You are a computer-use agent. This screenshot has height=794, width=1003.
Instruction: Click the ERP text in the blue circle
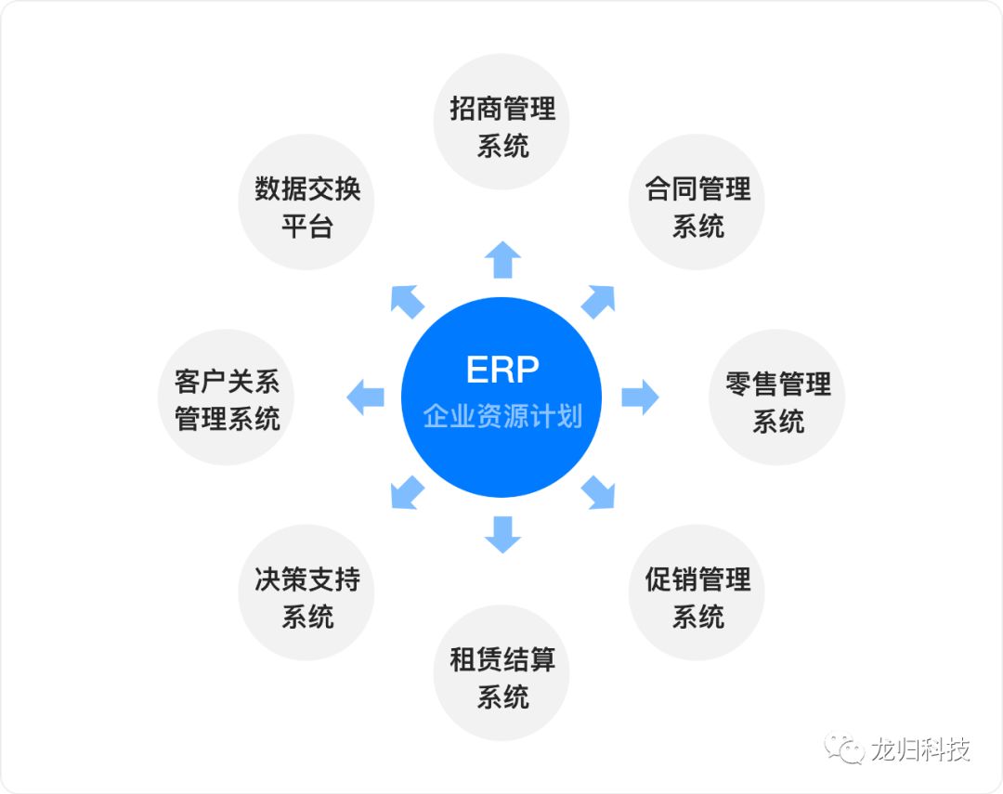pyautogui.click(x=501, y=370)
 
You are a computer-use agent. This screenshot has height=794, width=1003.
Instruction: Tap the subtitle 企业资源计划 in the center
pyautogui.click(x=501, y=416)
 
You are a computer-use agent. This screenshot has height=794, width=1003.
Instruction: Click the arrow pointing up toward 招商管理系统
pyautogui.click(x=501, y=259)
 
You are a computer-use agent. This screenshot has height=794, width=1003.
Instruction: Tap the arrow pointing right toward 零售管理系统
pyautogui.click(x=640, y=397)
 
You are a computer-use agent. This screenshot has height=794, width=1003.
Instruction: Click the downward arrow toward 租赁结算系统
pyautogui.click(x=501, y=534)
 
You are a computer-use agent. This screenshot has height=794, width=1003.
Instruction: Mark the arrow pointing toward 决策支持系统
pyautogui.click(x=406, y=493)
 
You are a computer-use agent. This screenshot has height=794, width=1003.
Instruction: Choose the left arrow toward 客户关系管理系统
pyautogui.click(x=365, y=397)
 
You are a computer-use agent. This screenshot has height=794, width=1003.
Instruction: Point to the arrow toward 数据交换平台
pyautogui.click(x=406, y=301)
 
